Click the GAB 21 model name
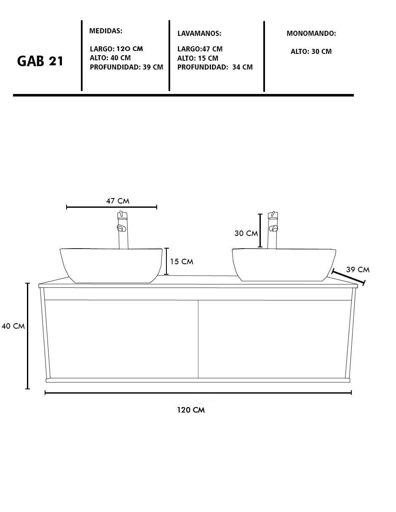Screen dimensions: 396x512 click(x=40, y=61)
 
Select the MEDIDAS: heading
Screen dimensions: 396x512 click(x=106, y=31)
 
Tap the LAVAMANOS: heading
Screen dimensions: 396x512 click(x=199, y=33)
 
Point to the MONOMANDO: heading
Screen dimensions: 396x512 click(x=311, y=33)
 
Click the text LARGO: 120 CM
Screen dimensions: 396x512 click(x=116, y=49)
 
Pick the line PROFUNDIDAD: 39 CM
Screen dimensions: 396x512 click(x=126, y=67)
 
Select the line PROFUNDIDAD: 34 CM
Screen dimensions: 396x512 click(x=215, y=67)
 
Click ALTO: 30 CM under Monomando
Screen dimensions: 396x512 click(x=311, y=51)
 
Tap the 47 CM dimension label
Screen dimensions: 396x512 click(x=118, y=201)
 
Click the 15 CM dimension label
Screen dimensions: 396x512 click(x=182, y=262)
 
